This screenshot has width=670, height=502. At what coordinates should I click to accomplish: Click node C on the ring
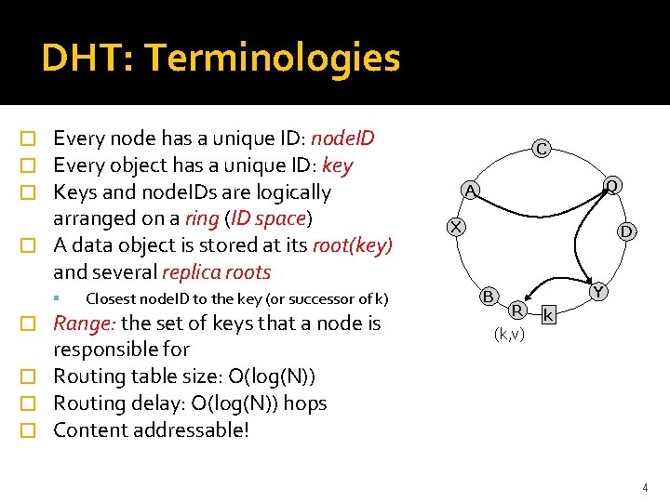541,147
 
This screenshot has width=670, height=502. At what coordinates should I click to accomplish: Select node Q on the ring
610,186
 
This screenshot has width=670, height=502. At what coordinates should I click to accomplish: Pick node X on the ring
455,226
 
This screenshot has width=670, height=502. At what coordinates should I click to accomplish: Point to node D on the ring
627,230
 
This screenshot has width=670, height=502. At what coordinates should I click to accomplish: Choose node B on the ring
488,297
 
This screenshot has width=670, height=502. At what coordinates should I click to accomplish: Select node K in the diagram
549,316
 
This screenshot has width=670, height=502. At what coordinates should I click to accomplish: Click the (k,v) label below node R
509,334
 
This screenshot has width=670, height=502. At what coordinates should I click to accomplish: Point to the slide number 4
643,487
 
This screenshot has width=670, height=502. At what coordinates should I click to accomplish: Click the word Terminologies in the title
273,58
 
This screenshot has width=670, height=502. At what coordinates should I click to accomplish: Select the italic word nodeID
342,139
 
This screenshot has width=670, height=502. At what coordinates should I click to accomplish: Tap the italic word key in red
336,165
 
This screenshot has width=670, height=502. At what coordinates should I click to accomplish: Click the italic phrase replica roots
216,272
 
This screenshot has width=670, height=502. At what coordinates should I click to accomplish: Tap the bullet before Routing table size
30,377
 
